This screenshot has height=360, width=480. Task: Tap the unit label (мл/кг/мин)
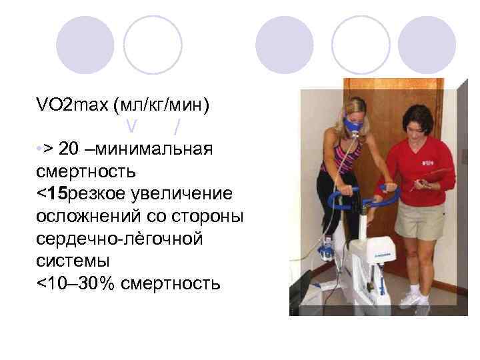tap(162, 104)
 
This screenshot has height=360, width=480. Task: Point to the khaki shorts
tap(419, 220)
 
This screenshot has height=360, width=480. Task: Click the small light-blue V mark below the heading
tap(131, 124)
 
